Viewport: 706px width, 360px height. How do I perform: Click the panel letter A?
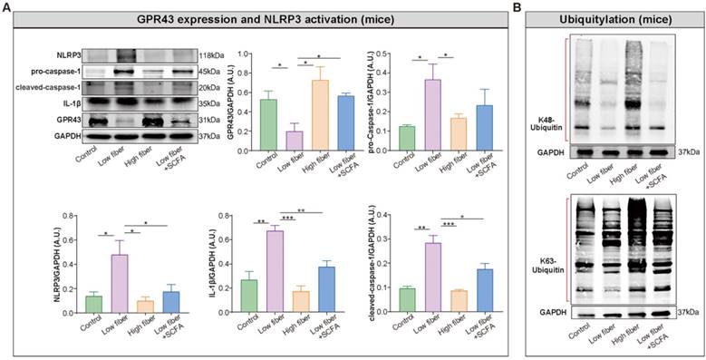(x=6, y=7)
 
